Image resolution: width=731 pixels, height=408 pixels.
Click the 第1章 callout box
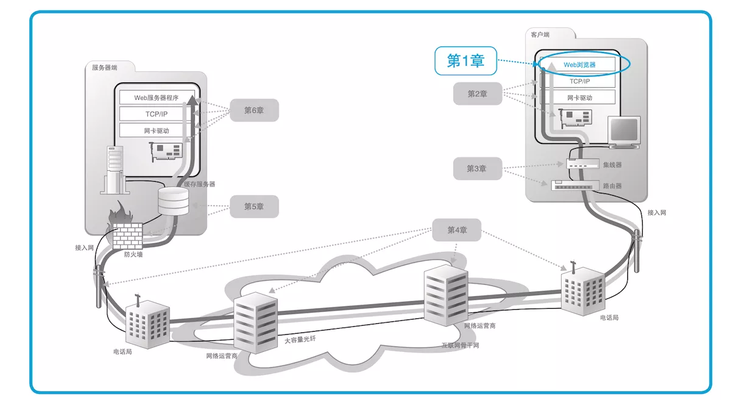465,61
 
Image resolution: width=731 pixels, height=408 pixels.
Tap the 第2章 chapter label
477,94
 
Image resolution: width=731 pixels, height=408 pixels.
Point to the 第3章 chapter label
477,168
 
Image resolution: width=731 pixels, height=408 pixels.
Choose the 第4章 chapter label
456,230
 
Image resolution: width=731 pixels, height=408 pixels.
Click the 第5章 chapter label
253,207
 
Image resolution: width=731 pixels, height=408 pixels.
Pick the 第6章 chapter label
253,110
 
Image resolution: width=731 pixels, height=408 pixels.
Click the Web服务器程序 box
157,98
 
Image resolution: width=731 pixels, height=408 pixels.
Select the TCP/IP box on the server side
157,114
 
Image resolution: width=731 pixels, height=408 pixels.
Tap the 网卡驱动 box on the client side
579,98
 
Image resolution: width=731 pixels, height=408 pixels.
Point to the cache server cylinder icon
174,202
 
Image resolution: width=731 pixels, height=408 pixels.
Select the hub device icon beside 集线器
579,164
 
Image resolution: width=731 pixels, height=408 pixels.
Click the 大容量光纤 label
300,339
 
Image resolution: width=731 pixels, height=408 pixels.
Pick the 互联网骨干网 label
460,345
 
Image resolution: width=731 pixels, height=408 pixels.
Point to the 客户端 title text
540,35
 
